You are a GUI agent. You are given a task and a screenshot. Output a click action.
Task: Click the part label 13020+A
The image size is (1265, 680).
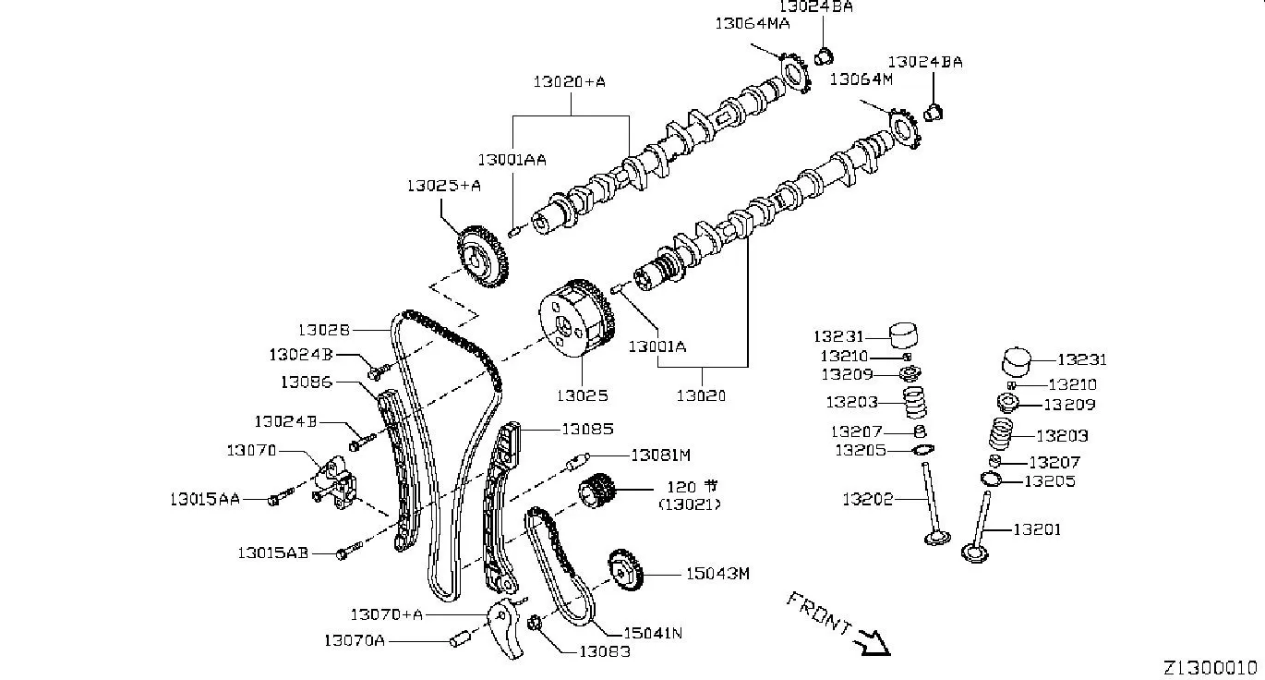pyautogui.click(x=569, y=82)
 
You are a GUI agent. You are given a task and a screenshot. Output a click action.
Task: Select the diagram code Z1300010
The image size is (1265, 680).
pyautogui.click(x=1213, y=668)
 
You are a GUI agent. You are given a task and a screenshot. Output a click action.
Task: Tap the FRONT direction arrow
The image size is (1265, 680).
pyautogui.click(x=872, y=643)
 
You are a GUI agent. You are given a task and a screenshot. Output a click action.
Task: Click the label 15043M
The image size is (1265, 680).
pyautogui.click(x=717, y=574)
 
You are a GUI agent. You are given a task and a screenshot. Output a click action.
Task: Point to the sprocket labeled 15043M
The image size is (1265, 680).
pyautogui.click(x=626, y=570)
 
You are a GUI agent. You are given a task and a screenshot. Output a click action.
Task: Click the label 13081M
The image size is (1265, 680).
pyautogui.click(x=660, y=455)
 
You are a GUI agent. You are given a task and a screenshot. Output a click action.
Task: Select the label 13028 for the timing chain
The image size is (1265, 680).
pyautogui.click(x=323, y=330)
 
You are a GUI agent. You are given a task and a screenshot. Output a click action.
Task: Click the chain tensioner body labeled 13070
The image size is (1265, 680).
pyautogui.click(x=336, y=482)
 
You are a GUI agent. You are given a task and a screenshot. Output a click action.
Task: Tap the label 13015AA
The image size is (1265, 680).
pyautogui.click(x=205, y=499)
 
